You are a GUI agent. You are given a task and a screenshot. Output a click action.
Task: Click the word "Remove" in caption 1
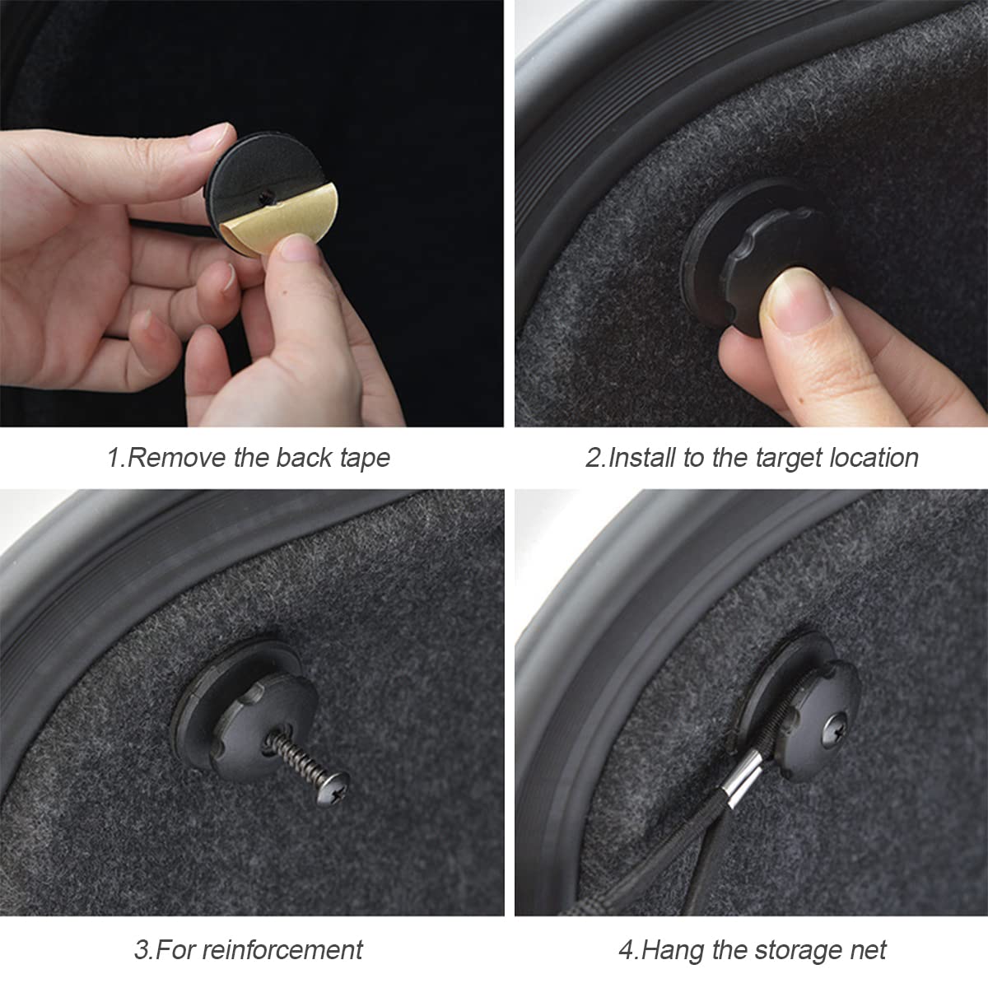pos(176,457)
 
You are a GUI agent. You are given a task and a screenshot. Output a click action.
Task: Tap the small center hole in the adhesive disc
pos(266,195)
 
